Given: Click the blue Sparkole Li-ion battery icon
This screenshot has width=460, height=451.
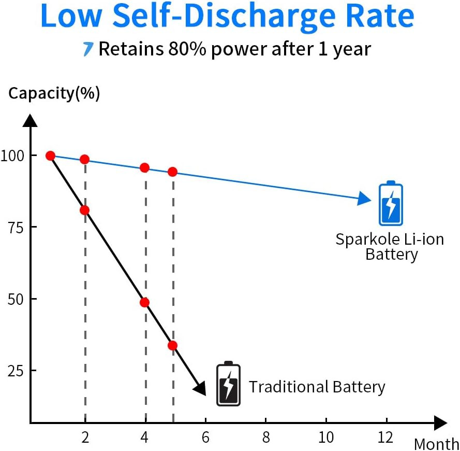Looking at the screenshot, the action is tap(391, 203).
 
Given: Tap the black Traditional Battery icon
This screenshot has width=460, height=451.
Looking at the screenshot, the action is tap(228, 384).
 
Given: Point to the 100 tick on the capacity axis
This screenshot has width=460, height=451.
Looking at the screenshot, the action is tap(12, 156).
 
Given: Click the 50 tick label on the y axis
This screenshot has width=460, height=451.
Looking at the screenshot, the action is tap(16, 299).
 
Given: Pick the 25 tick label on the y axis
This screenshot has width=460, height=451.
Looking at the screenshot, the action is tap(16, 371).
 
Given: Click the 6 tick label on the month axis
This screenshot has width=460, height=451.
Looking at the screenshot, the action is tap(205, 438).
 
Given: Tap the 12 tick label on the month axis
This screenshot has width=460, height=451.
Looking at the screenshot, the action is tap(385, 438).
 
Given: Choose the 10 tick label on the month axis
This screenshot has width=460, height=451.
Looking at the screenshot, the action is tap(326, 438).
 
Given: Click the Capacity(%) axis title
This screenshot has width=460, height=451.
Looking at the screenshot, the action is tap(54, 94).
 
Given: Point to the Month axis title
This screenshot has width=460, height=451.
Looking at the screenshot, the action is tap(437, 444).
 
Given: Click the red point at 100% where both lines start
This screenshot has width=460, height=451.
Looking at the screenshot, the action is tap(51, 156).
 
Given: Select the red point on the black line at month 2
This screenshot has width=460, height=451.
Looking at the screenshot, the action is tap(84, 210).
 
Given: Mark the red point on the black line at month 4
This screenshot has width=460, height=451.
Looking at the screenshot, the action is tap(144, 302).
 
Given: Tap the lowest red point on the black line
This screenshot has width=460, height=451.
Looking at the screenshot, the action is tap(172, 345).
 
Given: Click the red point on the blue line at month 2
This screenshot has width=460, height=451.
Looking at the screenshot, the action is tap(84, 160).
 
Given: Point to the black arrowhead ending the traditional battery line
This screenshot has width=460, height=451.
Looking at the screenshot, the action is tap(201, 389).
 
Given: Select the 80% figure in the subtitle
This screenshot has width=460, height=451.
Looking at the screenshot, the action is tap(187, 49).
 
